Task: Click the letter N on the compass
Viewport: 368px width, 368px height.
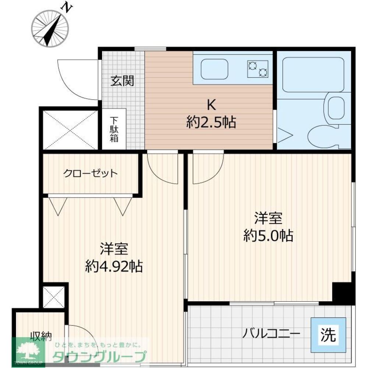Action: click(67, 7)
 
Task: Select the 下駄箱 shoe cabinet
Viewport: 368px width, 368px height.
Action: click(113, 130)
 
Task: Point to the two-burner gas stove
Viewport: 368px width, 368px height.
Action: click(258, 68)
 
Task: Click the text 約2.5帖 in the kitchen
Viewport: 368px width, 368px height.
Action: click(211, 122)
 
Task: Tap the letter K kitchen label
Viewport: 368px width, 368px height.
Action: click(211, 105)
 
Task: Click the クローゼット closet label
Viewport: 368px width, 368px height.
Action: click(91, 173)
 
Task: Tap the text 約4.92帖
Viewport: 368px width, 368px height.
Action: click(114, 265)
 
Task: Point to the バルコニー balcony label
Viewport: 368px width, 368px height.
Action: click(271, 334)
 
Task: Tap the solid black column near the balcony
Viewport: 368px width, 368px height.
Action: click(341, 293)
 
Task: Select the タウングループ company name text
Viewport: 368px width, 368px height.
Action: click(99, 357)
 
